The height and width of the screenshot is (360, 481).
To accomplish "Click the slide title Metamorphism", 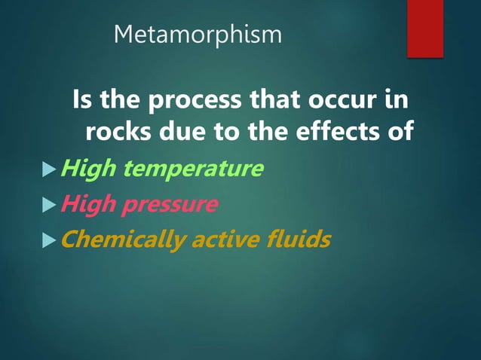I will tap(198, 35).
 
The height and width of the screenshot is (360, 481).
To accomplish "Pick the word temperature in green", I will tap(194, 169).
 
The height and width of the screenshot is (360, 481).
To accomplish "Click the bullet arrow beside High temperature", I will tap(51, 169).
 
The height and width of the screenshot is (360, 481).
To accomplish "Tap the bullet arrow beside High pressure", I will tap(51, 204).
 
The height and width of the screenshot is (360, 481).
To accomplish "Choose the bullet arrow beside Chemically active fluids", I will tap(51, 240).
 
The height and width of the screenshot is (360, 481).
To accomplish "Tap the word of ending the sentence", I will tap(400, 131).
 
